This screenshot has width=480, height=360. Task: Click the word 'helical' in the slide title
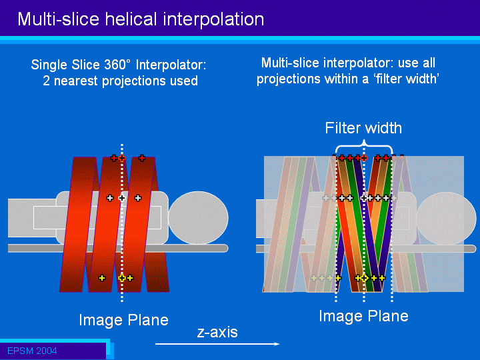coord(131,19)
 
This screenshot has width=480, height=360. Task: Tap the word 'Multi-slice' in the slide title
coord(59,19)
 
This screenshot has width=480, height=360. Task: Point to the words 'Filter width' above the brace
coord(363,128)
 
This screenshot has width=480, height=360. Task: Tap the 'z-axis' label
coord(217,333)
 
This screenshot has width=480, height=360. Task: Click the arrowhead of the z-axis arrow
coord(277,344)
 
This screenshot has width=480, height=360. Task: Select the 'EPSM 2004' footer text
coord(32,351)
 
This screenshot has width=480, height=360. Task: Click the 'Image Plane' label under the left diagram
coord(124,320)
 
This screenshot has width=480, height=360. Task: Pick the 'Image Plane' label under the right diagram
coord(364,316)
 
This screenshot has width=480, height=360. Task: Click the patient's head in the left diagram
coord(199,217)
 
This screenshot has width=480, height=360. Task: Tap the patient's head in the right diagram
coord(446,218)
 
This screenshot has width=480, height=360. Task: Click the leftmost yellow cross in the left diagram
coord(102,278)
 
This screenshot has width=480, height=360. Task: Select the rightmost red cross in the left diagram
coord(141,158)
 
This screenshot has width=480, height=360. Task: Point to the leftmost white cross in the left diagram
coord(109,198)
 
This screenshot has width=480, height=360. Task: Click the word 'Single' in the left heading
coord(49,65)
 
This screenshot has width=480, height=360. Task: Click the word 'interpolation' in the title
coord(213,19)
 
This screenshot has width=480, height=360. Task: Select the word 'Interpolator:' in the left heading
coord(171,65)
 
